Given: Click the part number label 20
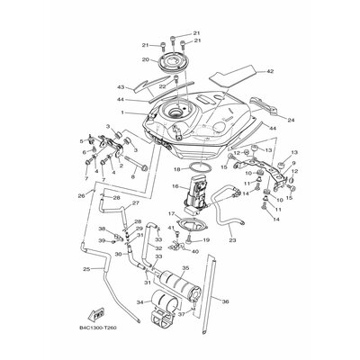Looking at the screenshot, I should [x=143, y=60].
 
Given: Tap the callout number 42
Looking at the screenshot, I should [x=269, y=70].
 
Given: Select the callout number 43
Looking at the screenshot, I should [x=119, y=87].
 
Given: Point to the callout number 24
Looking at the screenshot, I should [x=265, y=119].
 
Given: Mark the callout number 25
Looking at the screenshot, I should [x=86, y=269].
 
